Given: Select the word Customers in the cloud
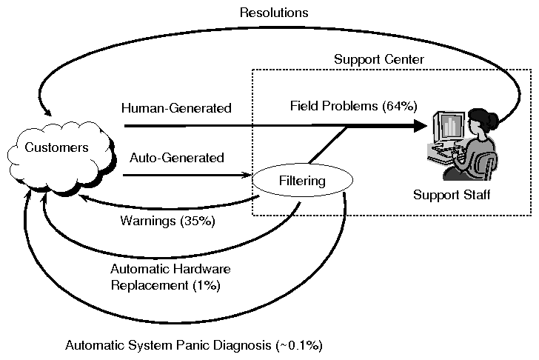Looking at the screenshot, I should coord(57,147).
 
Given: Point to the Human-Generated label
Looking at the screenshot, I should coord(177,109).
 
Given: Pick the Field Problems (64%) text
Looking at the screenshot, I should coord(353,107).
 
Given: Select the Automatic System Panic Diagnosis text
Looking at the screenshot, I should coord(194,345).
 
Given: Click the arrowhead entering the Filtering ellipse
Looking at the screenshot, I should coord(248,176).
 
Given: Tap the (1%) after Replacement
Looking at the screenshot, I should coord(210,284).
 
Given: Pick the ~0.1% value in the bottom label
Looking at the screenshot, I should coord(301,345).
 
